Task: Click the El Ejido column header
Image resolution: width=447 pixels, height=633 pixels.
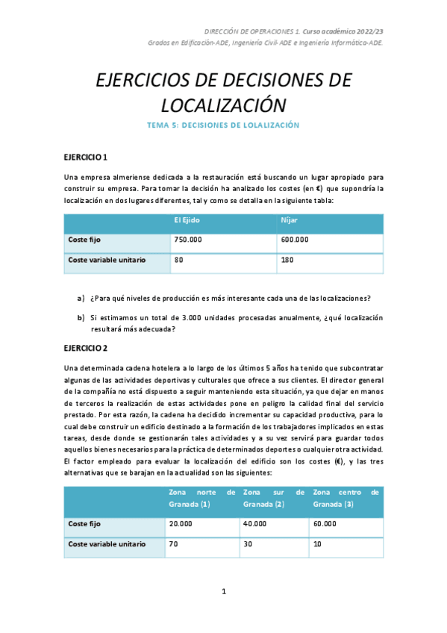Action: coord(186,220)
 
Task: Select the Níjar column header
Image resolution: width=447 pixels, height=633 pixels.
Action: coord(290,220)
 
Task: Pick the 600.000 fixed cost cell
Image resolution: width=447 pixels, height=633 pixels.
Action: coord(295,240)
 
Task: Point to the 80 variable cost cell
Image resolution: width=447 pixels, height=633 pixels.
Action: coord(179,260)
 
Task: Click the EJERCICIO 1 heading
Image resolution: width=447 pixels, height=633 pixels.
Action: coord(86,158)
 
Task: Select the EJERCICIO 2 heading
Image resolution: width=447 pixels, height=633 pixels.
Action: coord(86,348)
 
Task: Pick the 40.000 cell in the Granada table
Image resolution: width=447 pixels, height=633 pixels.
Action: coord(255,524)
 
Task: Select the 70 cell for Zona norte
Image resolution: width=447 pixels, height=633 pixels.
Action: coord(174,544)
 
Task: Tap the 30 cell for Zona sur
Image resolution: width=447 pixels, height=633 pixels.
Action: coord(248,544)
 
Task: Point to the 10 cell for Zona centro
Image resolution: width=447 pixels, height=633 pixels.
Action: coord(319,544)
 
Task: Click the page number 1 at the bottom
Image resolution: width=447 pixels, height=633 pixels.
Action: coord(224,592)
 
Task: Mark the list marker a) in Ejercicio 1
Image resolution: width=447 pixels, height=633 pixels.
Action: coord(81,299)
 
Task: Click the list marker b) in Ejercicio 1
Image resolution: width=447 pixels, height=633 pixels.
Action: coord(81,317)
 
